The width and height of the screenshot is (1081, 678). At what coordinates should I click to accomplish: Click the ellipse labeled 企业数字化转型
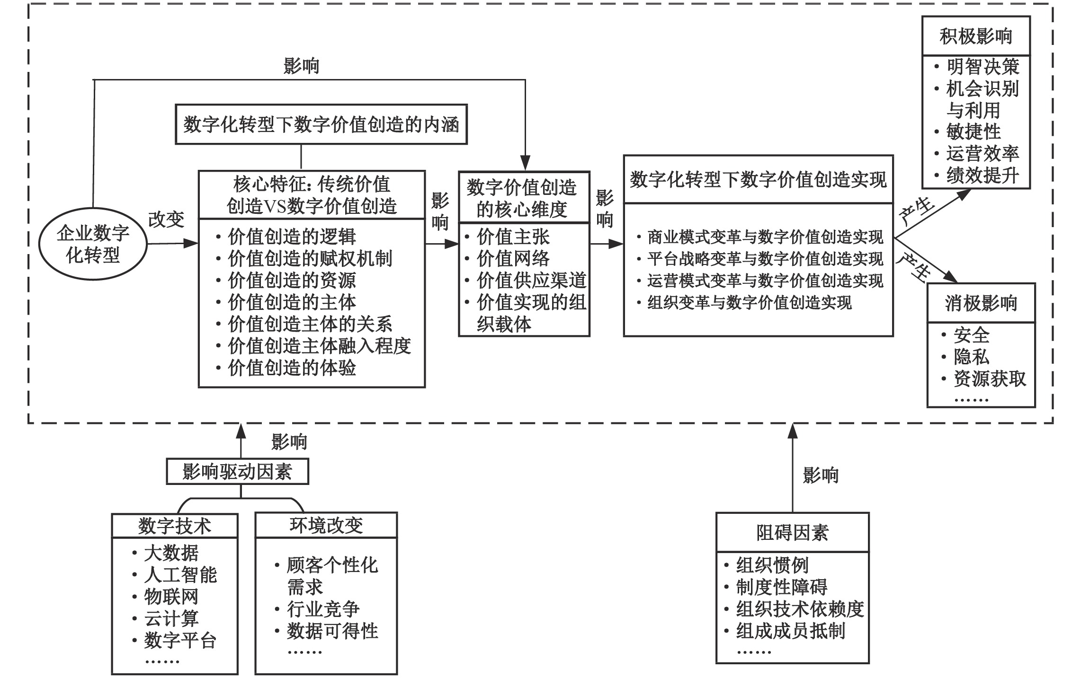(x=93, y=244)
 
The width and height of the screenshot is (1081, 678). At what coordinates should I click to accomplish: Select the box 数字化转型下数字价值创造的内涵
(x=321, y=124)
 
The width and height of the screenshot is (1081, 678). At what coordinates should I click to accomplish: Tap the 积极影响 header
(x=975, y=36)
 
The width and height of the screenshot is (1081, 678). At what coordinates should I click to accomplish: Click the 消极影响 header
(x=981, y=303)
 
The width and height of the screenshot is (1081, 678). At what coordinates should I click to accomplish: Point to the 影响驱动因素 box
(x=237, y=472)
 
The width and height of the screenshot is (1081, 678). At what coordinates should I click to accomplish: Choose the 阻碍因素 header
(x=792, y=533)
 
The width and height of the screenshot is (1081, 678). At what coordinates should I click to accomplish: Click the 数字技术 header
(x=174, y=526)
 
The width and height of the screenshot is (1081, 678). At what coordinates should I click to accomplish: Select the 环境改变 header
(x=326, y=526)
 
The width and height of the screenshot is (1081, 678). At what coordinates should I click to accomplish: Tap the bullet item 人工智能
(x=180, y=575)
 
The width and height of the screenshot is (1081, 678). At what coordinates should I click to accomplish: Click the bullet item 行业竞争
(x=323, y=609)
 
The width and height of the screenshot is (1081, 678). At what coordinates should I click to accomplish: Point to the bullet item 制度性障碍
(x=781, y=587)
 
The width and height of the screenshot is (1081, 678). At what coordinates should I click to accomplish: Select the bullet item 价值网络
(x=513, y=259)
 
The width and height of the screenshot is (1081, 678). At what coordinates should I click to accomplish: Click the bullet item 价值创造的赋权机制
(x=310, y=259)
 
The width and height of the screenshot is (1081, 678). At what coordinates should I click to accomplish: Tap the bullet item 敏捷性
(x=974, y=132)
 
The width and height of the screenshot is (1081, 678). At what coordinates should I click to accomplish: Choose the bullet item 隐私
(x=971, y=357)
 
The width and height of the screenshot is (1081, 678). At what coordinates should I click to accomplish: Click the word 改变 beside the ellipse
(x=166, y=220)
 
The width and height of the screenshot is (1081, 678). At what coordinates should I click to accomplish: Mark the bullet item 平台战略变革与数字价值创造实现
(x=765, y=259)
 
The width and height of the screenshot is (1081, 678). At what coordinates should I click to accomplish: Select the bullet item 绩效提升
(x=983, y=176)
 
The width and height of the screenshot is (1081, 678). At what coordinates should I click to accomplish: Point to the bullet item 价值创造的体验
(x=292, y=368)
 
